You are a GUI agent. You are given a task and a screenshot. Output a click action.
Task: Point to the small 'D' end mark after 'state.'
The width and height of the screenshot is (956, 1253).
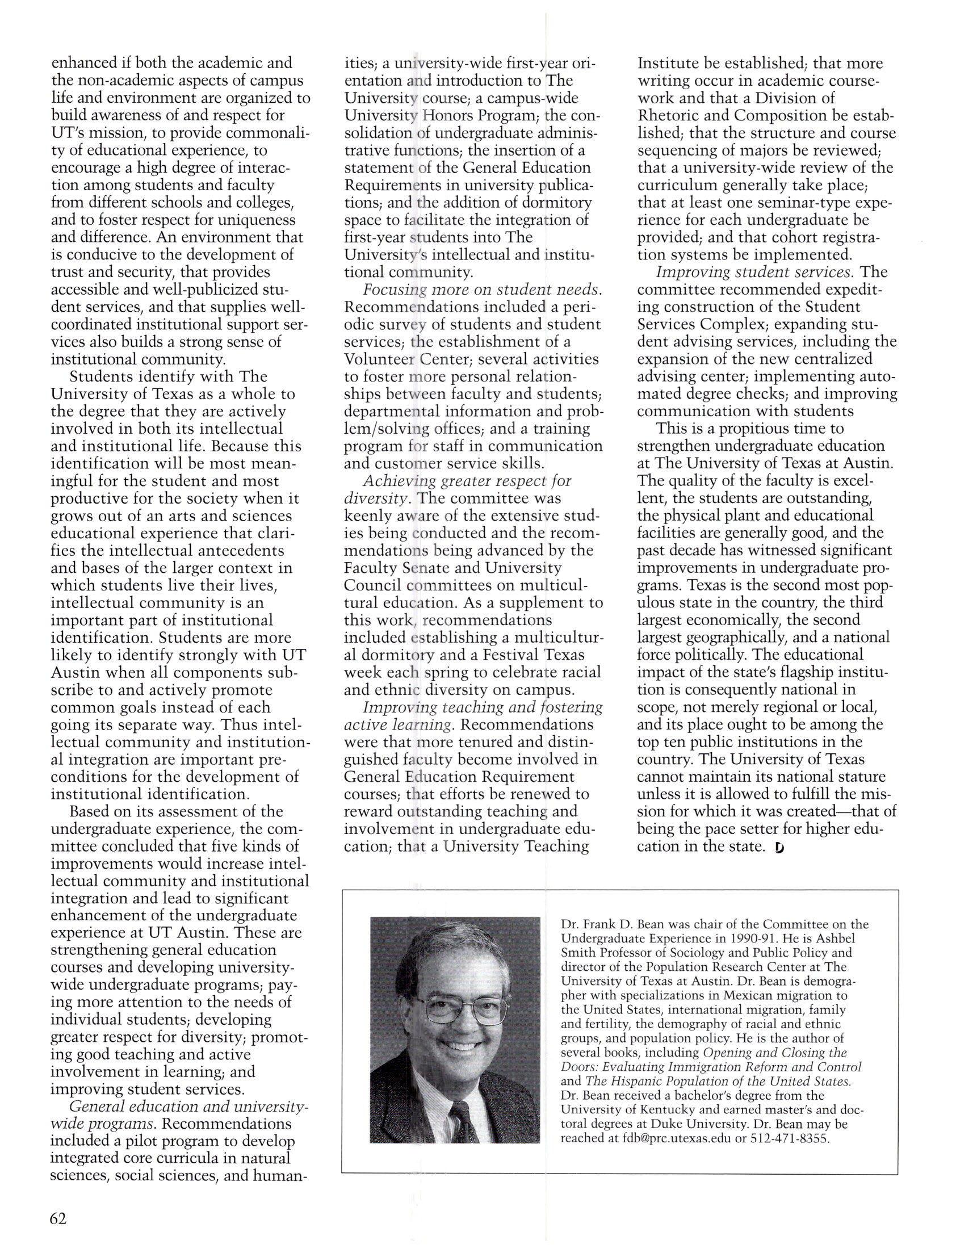coord(779,847)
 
